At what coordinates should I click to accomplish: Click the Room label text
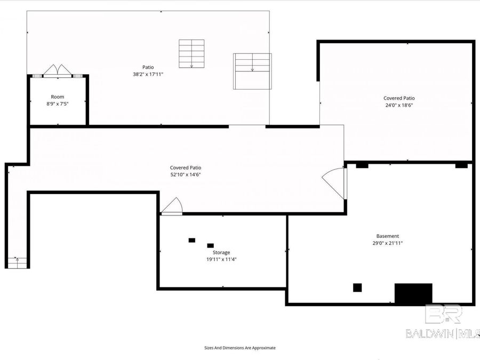(58, 97)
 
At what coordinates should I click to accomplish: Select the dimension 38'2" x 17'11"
(148, 74)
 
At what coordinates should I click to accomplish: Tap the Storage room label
(221, 253)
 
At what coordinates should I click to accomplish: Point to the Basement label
(388, 236)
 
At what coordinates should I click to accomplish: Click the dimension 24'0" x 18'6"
(399, 105)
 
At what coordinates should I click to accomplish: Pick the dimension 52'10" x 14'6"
(186, 174)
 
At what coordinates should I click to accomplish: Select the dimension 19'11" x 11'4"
(221, 259)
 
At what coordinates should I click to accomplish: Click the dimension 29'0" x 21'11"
(388, 243)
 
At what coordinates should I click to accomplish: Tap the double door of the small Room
(58, 70)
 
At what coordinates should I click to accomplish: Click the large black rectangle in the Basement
(413, 293)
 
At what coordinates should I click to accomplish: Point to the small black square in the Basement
(357, 287)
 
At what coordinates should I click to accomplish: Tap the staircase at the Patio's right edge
(252, 71)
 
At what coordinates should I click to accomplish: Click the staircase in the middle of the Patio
(191, 54)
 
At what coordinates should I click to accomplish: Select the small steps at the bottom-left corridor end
(17, 263)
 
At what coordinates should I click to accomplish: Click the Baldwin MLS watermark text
(443, 333)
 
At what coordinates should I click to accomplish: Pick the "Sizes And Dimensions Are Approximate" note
(240, 348)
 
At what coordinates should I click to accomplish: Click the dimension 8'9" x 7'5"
(58, 104)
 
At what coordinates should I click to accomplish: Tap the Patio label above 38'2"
(148, 67)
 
